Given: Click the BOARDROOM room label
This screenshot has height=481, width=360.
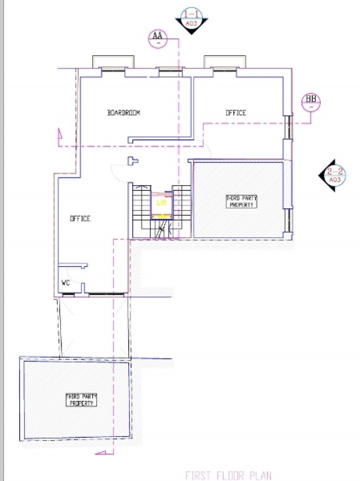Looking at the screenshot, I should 124,113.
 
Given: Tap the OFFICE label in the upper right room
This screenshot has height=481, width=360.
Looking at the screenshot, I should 236,113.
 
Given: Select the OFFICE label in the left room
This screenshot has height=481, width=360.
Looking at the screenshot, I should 80,219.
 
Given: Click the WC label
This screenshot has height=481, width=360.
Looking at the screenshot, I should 65,282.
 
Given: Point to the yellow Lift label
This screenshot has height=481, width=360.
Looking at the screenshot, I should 161,203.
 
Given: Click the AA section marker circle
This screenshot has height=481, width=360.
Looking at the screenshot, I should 157,37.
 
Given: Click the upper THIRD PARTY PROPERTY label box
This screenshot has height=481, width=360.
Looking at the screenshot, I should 241,201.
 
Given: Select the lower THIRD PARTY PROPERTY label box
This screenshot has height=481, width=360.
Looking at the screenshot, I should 82,399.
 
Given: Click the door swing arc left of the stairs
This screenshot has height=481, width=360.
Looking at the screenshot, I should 118,173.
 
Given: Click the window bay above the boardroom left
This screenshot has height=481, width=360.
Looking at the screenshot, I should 113,62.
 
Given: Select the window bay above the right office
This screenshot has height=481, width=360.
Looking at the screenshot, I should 225,62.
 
